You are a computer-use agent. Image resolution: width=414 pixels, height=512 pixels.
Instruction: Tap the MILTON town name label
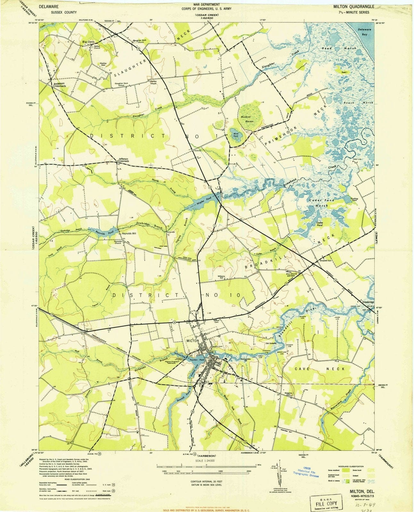(x=193, y=341)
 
